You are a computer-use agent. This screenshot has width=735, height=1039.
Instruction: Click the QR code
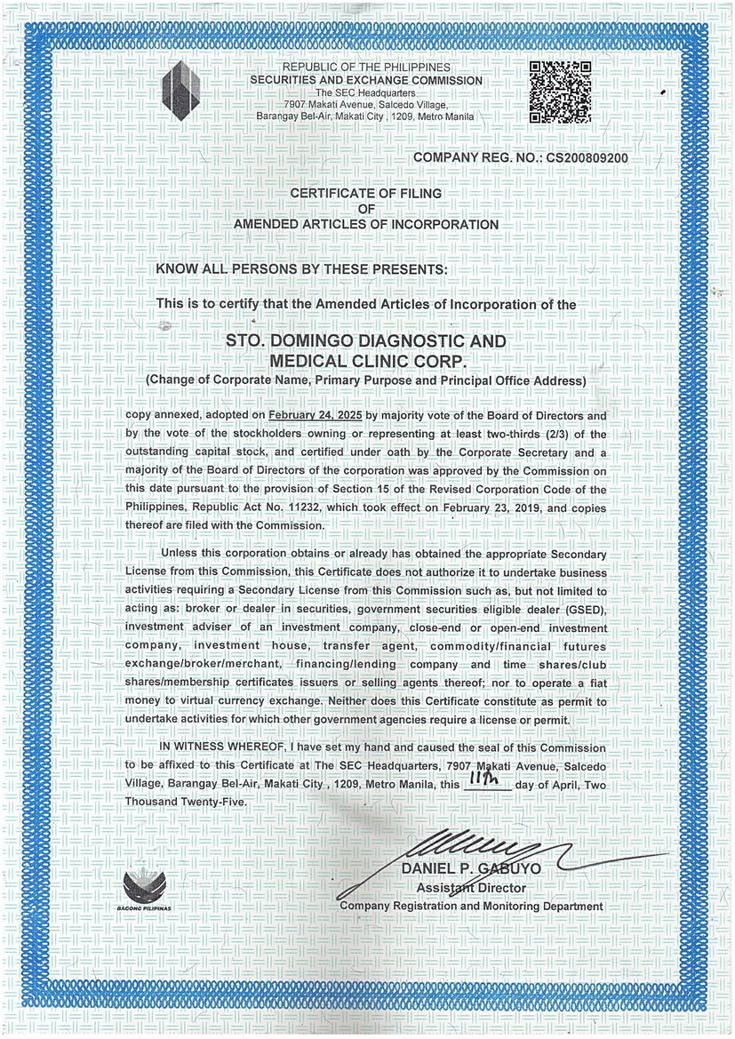click(561, 92)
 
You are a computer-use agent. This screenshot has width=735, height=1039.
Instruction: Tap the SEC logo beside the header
click(182, 91)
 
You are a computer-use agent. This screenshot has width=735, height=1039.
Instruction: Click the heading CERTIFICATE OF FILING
click(365, 193)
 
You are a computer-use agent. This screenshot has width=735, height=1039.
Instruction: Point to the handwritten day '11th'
click(487, 779)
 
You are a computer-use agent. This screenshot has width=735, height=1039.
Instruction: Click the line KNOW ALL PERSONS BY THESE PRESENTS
click(302, 268)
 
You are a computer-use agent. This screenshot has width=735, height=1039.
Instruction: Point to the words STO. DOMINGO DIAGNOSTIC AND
click(365, 342)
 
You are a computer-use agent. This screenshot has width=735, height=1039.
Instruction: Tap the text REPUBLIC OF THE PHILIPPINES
click(365, 68)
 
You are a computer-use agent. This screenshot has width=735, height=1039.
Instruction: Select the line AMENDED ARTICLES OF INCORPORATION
click(365, 225)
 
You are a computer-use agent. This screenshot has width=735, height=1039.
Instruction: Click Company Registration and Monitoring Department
click(471, 906)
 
